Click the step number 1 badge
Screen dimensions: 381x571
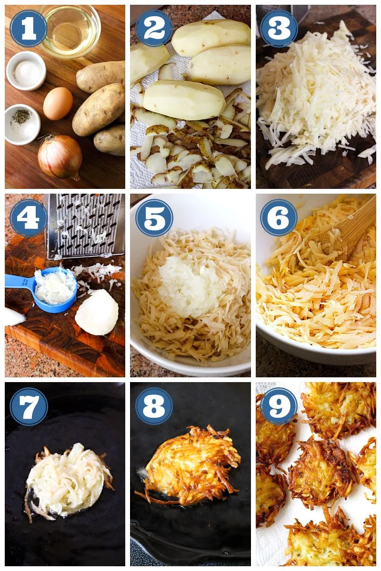click(x=28, y=28)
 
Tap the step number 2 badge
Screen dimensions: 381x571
click(x=154, y=28)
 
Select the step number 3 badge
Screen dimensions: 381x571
click(x=279, y=28)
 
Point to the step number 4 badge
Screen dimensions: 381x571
click(x=28, y=218)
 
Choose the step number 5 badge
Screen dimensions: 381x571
click(x=154, y=218)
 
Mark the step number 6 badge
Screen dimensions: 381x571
click(x=279, y=218)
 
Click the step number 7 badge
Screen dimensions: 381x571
click(x=28, y=406)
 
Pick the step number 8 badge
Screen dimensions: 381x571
click(x=154, y=406)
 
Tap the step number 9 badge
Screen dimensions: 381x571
click(x=279, y=406)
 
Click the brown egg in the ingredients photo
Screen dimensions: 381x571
click(x=58, y=104)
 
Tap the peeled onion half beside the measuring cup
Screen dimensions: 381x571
click(x=97, y=312)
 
